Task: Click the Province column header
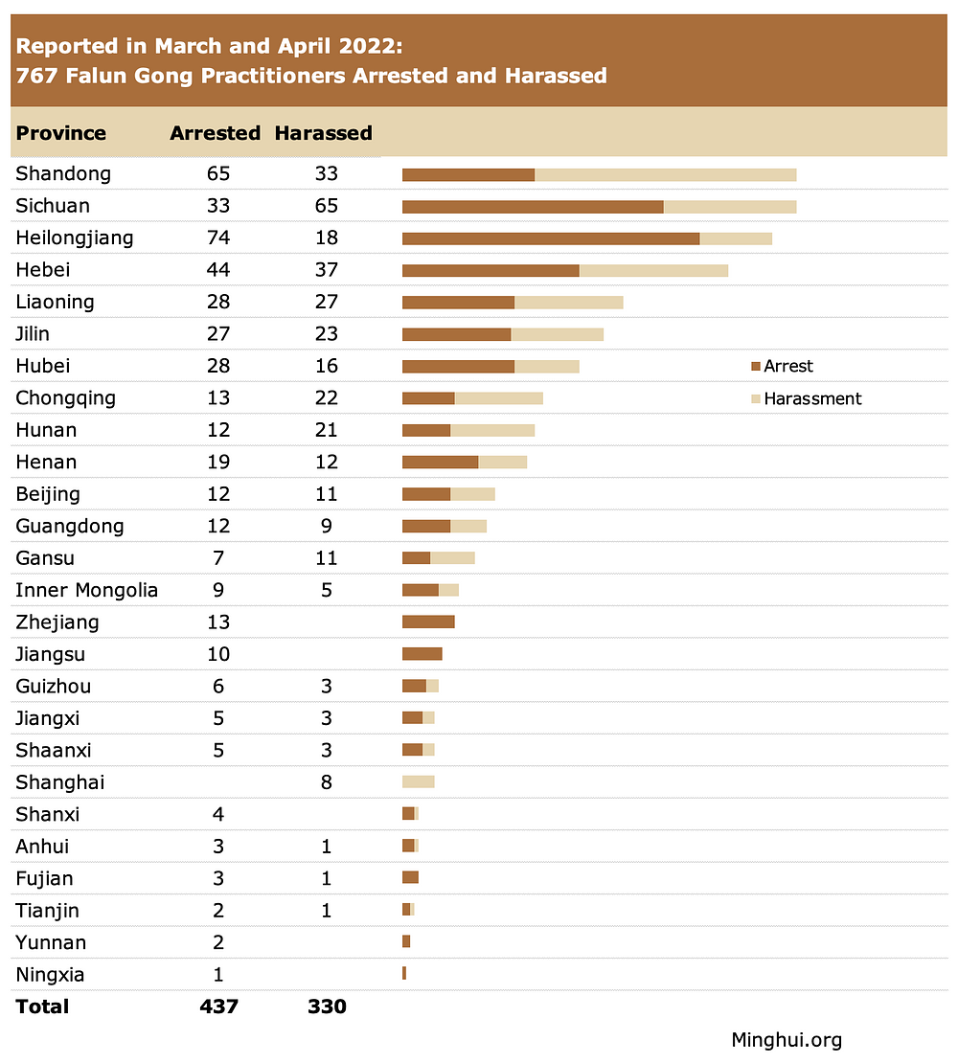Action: point(61,133)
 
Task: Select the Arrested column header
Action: point(215,133)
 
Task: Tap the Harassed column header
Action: point(323,133)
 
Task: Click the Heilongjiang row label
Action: point(74,237)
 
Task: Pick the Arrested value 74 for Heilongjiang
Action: point(218,237)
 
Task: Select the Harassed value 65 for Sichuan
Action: point(327,206)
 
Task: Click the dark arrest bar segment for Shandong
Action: point(468,174)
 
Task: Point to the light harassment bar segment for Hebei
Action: point(653,270)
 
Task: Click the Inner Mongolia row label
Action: point(86,590)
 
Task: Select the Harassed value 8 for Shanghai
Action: point(327,782)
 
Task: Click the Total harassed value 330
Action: point(327,1006)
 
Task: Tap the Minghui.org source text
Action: point(787,1039)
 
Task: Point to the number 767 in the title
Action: point(36,76)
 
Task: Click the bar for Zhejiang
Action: point(428,622)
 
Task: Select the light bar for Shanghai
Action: point(419,781)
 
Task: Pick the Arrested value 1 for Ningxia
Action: point(218,975)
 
